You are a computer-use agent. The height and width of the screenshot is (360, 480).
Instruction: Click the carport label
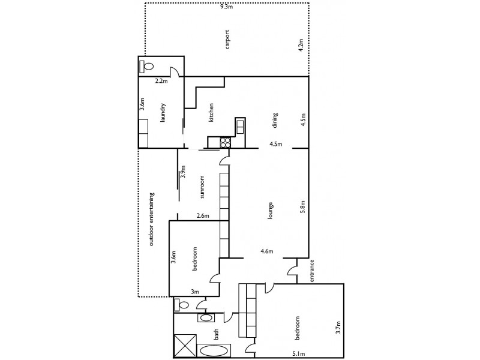tap(227, 38)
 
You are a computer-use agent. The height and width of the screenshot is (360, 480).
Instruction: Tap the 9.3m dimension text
tap(226, 7)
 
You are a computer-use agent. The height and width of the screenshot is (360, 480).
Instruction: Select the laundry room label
tap(163, 112)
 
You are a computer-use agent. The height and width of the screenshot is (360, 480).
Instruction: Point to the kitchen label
tap(211, 113)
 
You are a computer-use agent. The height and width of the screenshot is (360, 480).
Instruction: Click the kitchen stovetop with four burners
tap(226, 142)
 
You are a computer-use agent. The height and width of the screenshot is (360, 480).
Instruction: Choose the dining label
tap(275, 120)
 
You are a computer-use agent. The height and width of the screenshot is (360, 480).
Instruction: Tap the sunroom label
tap(203, 187)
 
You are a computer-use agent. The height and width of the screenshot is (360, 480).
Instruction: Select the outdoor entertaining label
tap(152, 220)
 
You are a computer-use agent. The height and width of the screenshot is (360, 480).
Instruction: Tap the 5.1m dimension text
tap(298, 354)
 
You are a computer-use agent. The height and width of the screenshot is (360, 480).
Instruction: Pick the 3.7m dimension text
tap(338, 328)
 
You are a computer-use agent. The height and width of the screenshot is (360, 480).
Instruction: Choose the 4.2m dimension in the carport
tap(301, 46)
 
